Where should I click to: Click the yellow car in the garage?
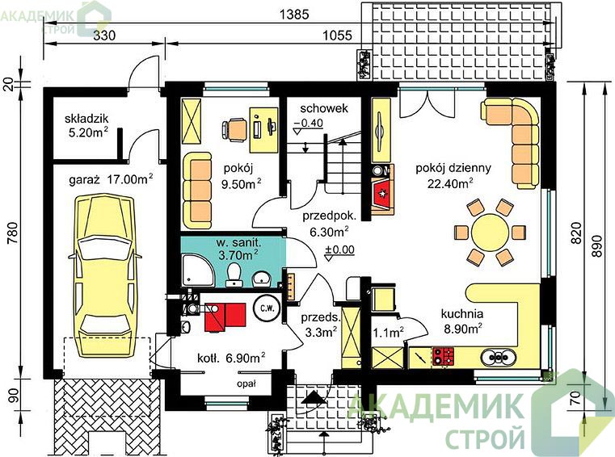(x=104, y=275)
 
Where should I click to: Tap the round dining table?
(x=491, y=232)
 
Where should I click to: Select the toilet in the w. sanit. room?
(x=234, y=275)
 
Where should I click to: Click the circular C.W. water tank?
(x=267, y=308)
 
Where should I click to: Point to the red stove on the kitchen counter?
(x=443, y=357)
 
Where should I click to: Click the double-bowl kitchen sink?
(x=498, y=357)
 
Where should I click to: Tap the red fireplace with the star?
(x=382, y=193)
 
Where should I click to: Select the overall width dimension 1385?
(x=294, y=15)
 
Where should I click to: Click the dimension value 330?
(x=105, y=36)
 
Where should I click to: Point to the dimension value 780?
(x=14, y=233)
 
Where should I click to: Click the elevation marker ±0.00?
(x=339, y=249)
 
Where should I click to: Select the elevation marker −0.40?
(x=309, y=123)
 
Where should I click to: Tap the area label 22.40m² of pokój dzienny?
(x=450, y=183)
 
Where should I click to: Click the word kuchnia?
(x=462, y=314)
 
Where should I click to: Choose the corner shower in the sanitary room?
(x=197, y=270)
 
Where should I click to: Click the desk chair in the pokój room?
(x=234, y=129)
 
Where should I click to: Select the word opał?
(x=246, y=384)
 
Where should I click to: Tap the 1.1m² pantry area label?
(x=388, y=333)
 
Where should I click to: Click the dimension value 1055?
(x=337, y=36)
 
